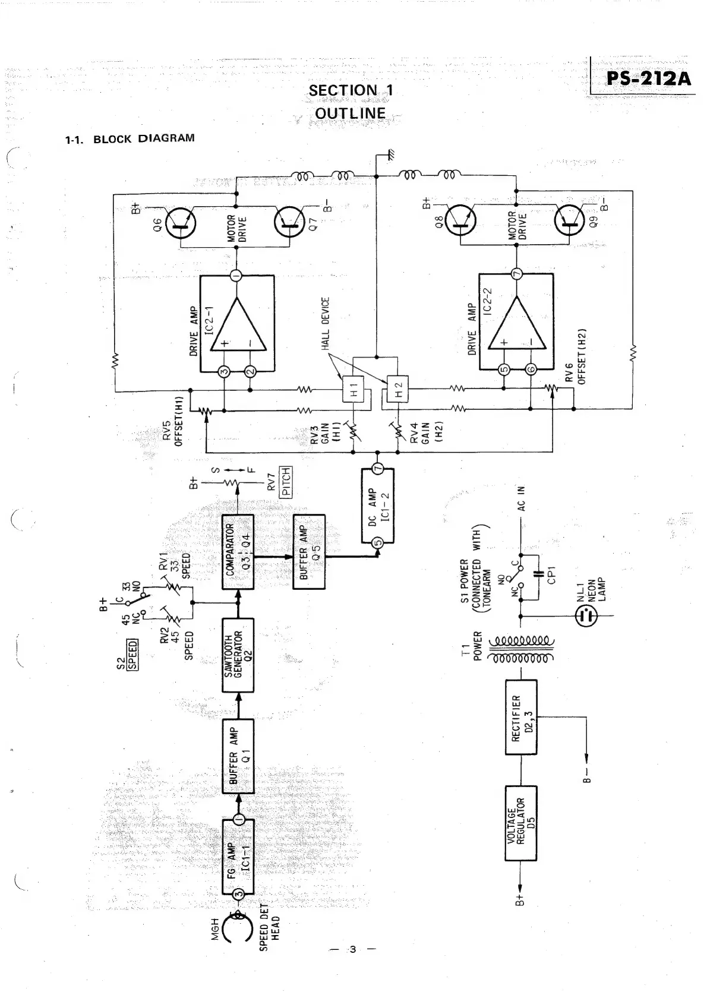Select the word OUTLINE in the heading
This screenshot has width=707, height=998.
coord(350,113)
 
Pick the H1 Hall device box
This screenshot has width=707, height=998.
coord(354,390)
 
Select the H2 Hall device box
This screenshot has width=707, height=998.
coord(399,390)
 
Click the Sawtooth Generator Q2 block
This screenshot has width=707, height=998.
coord(238,655)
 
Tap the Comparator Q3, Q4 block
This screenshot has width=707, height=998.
coord(238,552)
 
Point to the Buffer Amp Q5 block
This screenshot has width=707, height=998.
coord(310,552)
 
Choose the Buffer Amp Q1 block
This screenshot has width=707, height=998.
coord(238,756)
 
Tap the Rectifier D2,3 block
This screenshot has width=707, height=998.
coord(520,718)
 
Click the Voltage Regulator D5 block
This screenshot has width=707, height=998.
coord(520,823)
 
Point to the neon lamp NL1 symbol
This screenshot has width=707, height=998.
coord(586,616)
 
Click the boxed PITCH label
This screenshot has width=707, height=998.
coord(286,482)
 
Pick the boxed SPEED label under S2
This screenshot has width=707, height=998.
coord(132,654)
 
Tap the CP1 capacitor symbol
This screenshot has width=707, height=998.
coord(539,574)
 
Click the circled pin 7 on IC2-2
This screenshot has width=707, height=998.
coord(516,274)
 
